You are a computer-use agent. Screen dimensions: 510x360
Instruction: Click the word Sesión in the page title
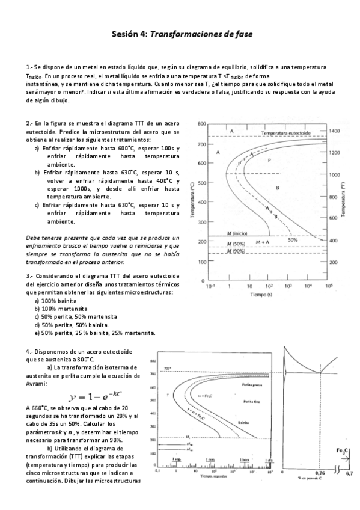pyautogui.click(x=125, y=35)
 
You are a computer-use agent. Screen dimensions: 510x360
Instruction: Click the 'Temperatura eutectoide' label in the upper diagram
pyautogui.click(x=288, y=132)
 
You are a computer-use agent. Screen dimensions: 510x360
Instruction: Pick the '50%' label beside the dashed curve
pyautogui.click(x=293, y=239)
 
